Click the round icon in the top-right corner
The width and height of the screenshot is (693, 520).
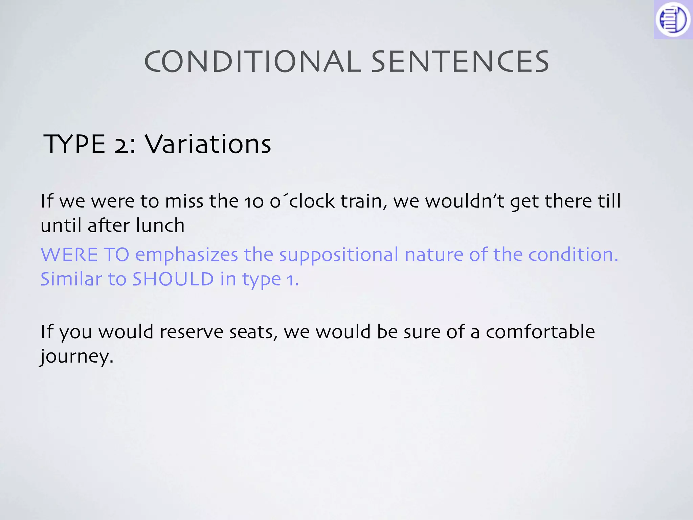[x=673, y=19]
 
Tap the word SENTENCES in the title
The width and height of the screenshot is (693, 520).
[x=460, y=62]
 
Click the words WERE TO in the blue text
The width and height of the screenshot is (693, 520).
[x=85, y=255]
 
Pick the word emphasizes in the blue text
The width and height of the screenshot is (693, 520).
[x=187, y=255]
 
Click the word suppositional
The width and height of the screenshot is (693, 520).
[x=339, y=255]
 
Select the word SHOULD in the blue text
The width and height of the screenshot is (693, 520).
[x=173, y=279]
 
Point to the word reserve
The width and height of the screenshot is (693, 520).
[x=191, y=332]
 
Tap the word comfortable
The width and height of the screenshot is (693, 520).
[x=540, y=332]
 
